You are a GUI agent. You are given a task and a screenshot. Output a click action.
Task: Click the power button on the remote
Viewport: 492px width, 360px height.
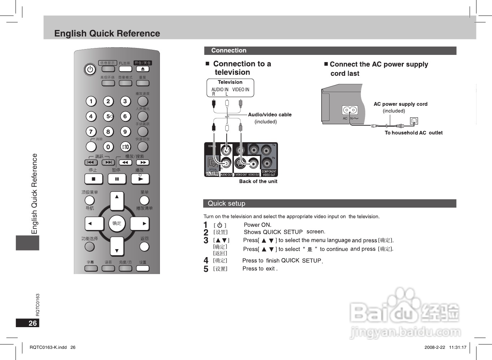[90, 69]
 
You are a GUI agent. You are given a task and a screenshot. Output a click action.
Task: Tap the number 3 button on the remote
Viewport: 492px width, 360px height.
[125, 101]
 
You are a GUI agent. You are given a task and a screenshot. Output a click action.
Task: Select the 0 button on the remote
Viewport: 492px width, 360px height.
[108, 147]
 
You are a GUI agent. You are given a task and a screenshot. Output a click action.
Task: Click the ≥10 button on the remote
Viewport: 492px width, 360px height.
[125, 147]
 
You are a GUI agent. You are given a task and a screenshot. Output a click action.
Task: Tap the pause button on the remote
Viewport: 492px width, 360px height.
[117, 179]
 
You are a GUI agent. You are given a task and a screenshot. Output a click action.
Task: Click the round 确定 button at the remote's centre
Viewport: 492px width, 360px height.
[117, 223]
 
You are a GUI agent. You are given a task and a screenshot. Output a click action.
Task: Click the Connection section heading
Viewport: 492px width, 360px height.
[229, 51]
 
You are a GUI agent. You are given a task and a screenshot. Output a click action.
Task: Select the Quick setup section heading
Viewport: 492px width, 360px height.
[226, 203]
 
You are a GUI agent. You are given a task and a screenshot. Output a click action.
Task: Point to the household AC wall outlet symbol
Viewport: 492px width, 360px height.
[414, 121]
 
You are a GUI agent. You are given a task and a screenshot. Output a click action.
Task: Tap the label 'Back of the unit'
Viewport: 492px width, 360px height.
[258, 181]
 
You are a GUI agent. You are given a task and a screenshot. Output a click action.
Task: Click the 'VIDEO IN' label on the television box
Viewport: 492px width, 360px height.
[240, 90]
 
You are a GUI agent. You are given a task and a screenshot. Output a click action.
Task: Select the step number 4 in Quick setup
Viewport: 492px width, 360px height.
[206, 260]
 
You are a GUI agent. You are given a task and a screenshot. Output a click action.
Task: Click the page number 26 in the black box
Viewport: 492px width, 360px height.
[32, 323]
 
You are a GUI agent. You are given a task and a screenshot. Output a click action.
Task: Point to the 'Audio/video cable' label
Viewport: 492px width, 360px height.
[270, 114]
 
